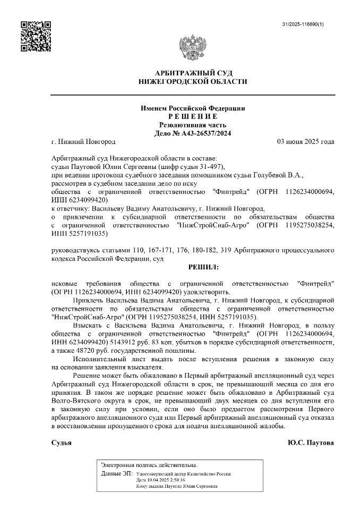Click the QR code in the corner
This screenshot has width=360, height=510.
tap(36, 36)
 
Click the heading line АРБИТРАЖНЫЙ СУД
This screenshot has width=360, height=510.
tap(192, 72)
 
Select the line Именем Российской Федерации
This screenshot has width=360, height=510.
tap(192, 108)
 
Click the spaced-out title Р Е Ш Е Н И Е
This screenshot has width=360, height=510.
tap(192, 116)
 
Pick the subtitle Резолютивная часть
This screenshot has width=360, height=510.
tap(192, 125)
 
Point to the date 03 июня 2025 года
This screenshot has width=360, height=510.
tap(305, 142)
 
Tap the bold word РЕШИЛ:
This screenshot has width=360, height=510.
tap(203, 267)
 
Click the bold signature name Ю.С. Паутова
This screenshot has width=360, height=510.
tap(311, 443)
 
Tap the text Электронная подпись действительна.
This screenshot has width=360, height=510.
tap(149, 465)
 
